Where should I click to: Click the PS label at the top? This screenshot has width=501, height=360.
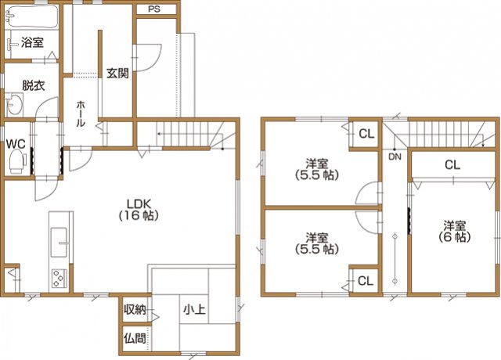coord(154,9)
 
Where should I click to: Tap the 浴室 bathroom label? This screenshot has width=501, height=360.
coord(32,42)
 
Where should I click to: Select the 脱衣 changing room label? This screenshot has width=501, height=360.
coord(33,85)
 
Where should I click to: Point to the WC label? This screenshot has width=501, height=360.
coord(16,144)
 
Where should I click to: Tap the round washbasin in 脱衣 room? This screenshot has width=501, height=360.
coord(14,104)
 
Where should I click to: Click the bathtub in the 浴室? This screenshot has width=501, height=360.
coord(31,16)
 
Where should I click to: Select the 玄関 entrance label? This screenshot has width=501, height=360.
coord(117,74)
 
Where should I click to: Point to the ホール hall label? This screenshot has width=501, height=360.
coord(80,113)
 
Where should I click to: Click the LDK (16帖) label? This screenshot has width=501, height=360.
coord(139,210)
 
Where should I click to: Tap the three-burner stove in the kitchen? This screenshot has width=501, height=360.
coord(59,279)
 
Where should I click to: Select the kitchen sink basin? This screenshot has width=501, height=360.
coord(59,242)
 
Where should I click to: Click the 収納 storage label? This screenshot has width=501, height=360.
coord(135,309)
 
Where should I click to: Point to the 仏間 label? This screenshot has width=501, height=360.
coord(135,338)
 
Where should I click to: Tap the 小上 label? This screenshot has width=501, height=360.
coord(194,309)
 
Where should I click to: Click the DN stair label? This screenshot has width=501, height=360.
coord(395,157)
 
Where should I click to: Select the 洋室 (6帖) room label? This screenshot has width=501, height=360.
coord(454,232)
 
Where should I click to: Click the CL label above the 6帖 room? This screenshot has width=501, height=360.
coord(452,165)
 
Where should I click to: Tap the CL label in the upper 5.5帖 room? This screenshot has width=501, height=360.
coord(366,134)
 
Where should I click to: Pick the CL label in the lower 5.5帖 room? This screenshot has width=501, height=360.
coord(366,281)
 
